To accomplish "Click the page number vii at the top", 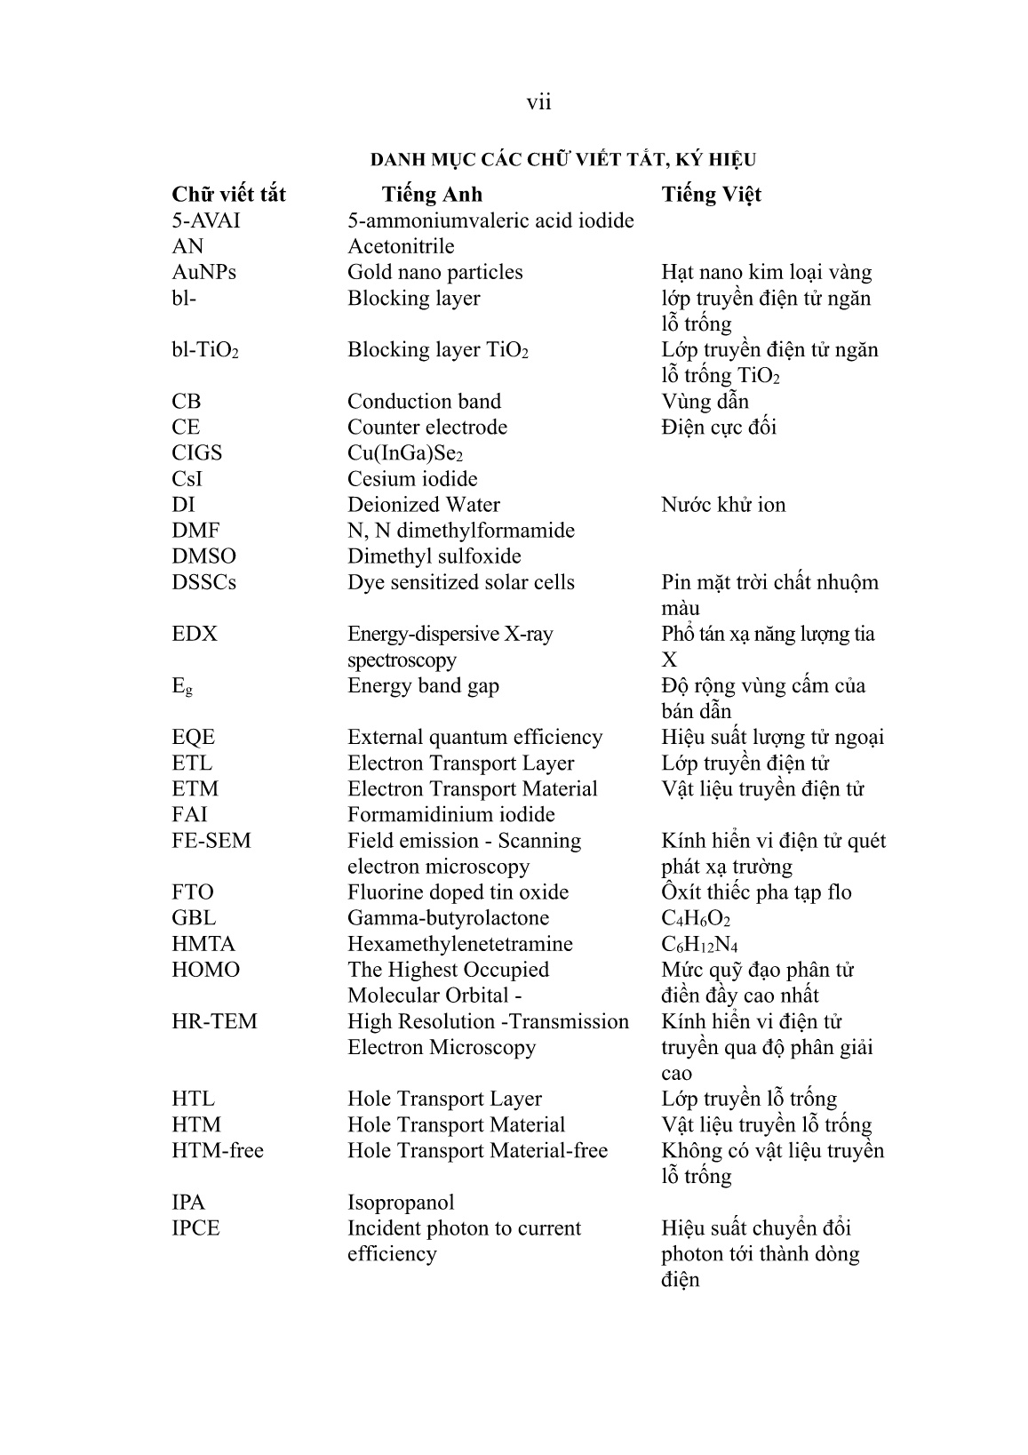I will coord(538,103).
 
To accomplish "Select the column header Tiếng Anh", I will coord(432,195).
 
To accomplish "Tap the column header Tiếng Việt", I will coord(711,195).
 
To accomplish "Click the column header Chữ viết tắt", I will coord(228,195).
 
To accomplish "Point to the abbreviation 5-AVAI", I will coord(206,220).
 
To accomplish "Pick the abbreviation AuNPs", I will coord(203,272).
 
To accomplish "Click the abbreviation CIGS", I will coord(197,452).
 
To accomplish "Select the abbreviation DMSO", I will coord(204,556).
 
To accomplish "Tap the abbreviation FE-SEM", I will coord(211,840).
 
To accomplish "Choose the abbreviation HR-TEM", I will coord(214,1021).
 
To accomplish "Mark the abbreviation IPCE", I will coord(195,1227).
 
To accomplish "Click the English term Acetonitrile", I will coord(401,246).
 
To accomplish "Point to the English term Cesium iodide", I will coord(412,478).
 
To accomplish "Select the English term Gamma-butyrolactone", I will coord(448,917).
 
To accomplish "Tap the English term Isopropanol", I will coord(401,1202).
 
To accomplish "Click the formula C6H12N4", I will coord(699,944).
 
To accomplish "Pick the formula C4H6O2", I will coord(696,918).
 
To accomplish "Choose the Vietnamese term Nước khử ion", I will coord(723,505).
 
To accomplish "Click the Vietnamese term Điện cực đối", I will coord(719,427).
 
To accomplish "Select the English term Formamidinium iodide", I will coord(451,814).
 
